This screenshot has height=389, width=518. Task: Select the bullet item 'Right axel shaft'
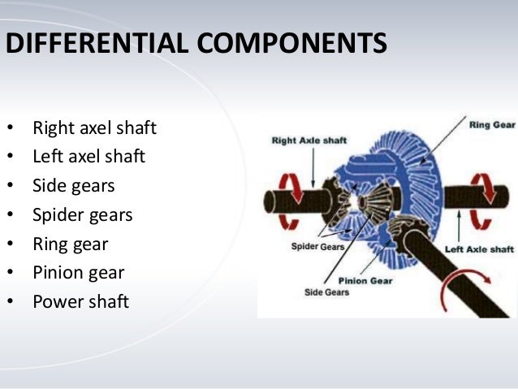coord(94,128)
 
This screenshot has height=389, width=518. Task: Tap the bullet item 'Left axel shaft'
coord(88,157)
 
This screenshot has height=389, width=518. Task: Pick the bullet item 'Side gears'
coord(73,186)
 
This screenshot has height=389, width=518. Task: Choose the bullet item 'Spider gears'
coord(82,215)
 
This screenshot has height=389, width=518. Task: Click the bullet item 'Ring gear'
coord(70,244)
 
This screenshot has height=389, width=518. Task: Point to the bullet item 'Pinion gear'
coord(78,273)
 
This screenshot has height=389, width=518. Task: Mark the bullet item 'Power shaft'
coord(80,302)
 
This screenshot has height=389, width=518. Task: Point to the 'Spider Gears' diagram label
coord(318,246)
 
